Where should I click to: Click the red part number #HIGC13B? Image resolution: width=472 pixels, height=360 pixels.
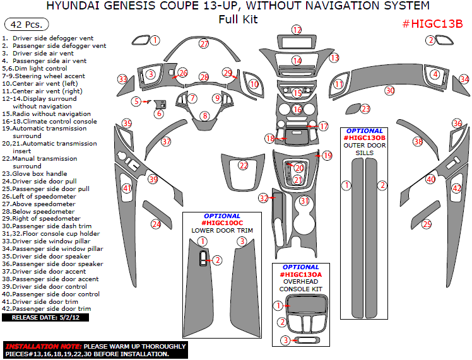click(433, 24)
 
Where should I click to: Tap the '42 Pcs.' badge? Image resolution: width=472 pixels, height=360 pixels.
click(23, 25)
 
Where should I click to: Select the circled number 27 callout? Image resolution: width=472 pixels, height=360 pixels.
click(204, 44)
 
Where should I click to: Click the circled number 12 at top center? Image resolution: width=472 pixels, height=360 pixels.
click(297, 30)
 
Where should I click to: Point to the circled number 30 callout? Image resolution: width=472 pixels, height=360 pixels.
click(389, 91)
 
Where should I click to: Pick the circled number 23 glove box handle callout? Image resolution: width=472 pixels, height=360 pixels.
click(366, 109)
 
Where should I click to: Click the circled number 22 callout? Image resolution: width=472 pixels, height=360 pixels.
click(244, 165)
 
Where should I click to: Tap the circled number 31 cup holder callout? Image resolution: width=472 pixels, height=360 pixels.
click(305, 201)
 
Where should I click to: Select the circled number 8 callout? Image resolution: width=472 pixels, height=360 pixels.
click(204, 115)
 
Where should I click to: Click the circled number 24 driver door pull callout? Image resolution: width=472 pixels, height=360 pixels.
click(155, 224)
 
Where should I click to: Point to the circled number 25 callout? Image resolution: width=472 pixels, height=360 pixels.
click(427, 224)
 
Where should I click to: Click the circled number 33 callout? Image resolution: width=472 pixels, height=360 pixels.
click(122, 79)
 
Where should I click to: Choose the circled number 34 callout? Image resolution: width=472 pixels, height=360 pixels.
click(464, 79)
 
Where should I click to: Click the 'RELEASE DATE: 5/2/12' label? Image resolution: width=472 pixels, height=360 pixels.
click(45, 318)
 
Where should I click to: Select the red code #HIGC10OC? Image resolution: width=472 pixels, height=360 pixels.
click(221, 223)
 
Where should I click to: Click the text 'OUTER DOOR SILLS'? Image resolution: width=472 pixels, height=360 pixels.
click(363, 149)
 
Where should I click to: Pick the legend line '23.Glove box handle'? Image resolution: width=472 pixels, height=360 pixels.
click(39, 173)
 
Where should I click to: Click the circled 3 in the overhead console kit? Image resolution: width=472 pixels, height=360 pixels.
click(285, 340)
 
